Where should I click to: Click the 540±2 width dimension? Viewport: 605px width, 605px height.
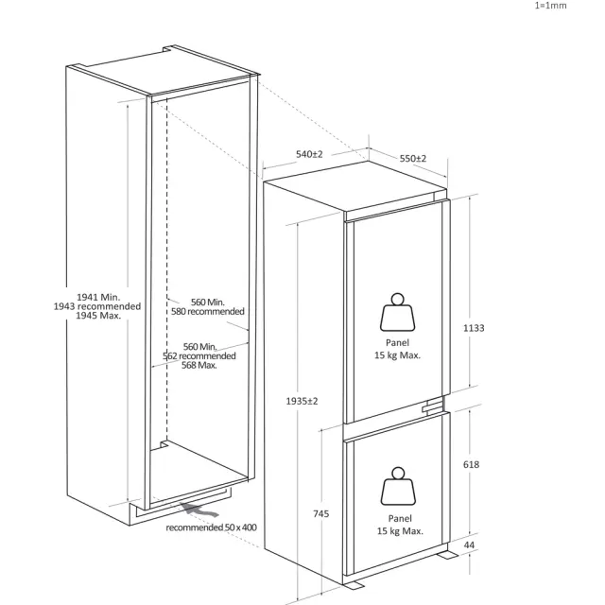coord(309,154)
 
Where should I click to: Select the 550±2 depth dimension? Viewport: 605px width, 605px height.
coord(413,159)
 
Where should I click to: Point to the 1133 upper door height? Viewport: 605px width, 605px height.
coord(474,328)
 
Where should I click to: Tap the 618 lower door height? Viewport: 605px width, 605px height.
coord(471,464)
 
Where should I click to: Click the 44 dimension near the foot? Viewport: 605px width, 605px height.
coord(469,545)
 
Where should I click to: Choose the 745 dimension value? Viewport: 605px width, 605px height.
coord(321,513)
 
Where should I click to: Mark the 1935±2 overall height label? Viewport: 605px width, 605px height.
coord(302,401)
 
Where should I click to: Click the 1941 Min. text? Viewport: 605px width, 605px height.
coord(98,297)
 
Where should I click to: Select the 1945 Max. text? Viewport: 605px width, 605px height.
coord(98,316)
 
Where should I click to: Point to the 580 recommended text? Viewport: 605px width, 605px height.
coord(208,311)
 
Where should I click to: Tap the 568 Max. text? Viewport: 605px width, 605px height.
coord(199,365)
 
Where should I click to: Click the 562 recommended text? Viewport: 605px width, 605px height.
coord(199,355)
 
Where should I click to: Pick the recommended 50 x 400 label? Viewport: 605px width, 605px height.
coord(211,527)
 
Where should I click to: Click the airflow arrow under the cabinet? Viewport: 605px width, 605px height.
coord(199,510)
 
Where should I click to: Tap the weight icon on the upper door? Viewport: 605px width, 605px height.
coord(397,312)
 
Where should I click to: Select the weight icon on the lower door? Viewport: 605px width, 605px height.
coord(398,486)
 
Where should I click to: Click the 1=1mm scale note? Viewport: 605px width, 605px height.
coord(550,6)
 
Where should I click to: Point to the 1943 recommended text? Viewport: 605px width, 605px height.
coord(97,306)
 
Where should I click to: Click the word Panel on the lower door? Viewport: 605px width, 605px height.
coord(400,519)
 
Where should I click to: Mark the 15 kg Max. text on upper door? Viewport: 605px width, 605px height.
coord(397,355)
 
